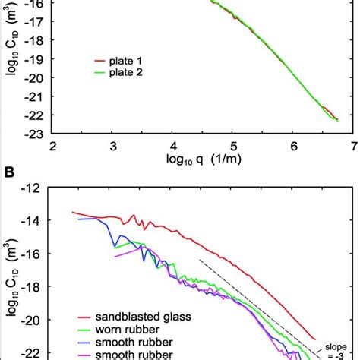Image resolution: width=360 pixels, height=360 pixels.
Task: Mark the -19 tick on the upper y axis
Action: (33, 56)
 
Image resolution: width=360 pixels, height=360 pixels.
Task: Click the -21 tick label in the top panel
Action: (33, 95)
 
